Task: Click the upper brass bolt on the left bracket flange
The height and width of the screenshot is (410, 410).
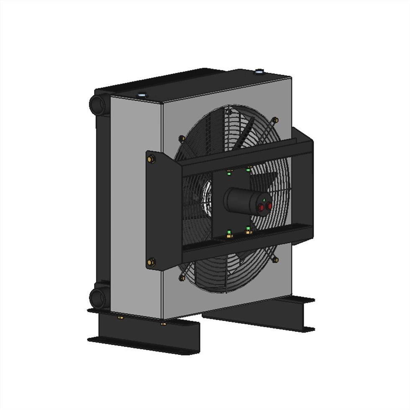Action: coord(151,159)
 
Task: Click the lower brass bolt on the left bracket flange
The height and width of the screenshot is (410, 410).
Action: coord(151,262)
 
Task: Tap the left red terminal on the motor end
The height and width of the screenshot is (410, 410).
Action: coord(261,207)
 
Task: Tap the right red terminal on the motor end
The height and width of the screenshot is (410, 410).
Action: coord(269,205)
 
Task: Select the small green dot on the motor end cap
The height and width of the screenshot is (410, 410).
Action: coord(263,200)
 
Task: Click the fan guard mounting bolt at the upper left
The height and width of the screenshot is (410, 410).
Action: coord(182,138)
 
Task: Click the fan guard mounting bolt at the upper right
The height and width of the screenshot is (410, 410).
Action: coord(275,120)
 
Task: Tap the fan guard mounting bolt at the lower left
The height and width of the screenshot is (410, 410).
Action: coord(182,278)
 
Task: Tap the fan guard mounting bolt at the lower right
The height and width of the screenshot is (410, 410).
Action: coord(275,260)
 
